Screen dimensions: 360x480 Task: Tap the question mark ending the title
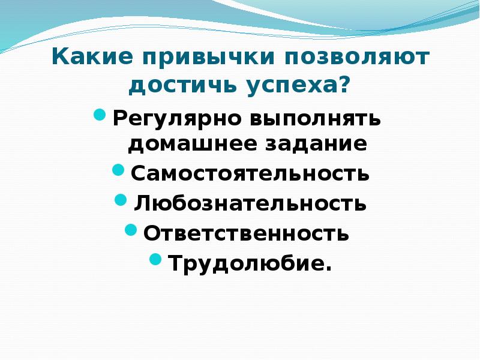343,86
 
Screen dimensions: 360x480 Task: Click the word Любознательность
251,203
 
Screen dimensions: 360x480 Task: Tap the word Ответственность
247,232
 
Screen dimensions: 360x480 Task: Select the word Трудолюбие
247,262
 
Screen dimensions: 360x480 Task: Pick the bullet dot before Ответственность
131,229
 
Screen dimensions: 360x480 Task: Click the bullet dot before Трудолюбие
156,258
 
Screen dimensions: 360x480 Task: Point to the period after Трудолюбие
328,268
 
